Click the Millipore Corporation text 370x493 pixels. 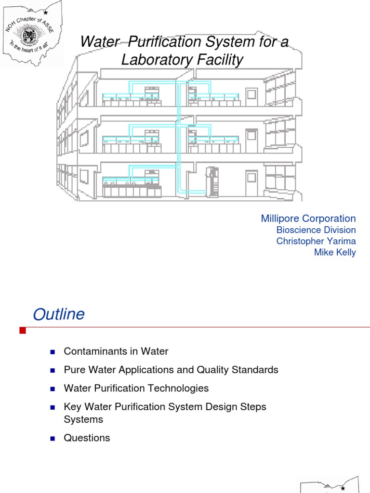(x=308, y=218)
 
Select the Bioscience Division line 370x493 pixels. (x=316, y=230)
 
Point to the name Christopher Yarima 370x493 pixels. (x=316, y=241)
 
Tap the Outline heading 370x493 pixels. (x=58, y=314)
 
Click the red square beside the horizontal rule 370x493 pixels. (x=22, y=330)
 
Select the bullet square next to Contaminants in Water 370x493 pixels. (x=53, y=352)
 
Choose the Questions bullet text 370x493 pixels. (x=87, y=438)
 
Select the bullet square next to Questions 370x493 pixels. (x=53, y=438)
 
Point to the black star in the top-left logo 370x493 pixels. (x=45, y=12)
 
